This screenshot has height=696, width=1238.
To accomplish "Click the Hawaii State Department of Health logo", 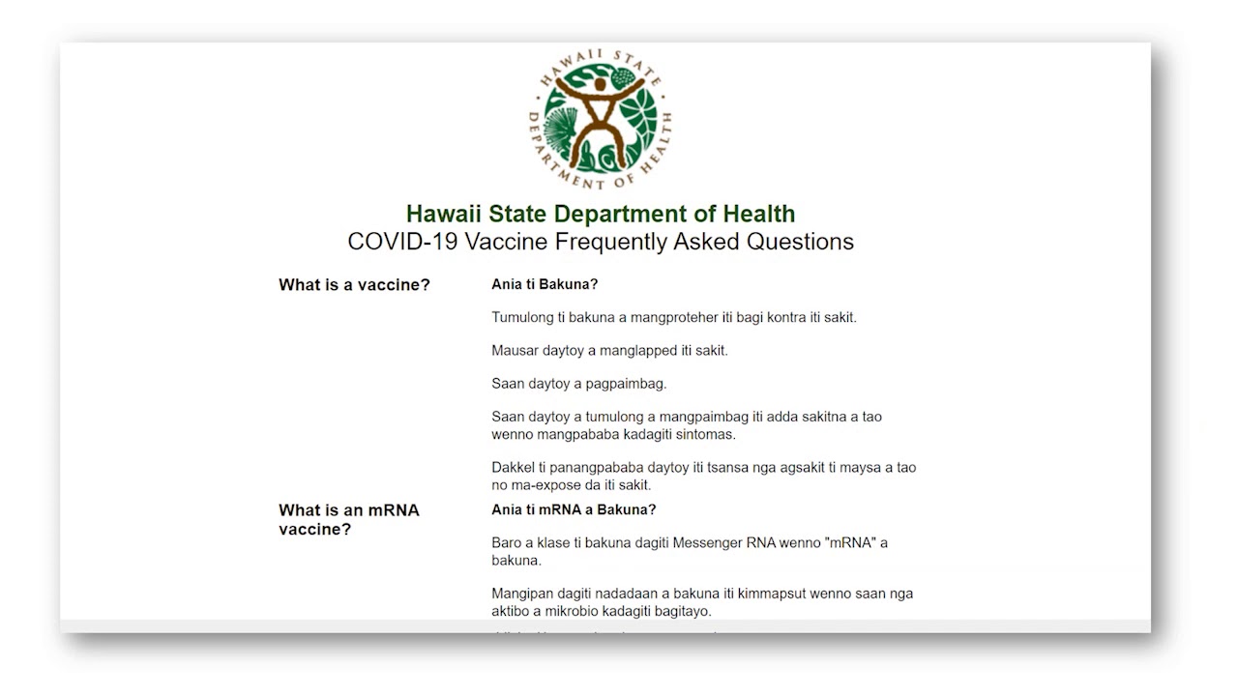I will tap(601, 122).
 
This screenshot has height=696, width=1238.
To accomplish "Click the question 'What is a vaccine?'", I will tap(354, 285).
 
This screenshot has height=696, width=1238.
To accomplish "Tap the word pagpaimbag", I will tap(626, 384).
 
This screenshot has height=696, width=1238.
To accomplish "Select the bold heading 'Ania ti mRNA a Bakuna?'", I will tap(574, 509).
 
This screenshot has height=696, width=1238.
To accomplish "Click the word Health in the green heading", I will tap(760, 214).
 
